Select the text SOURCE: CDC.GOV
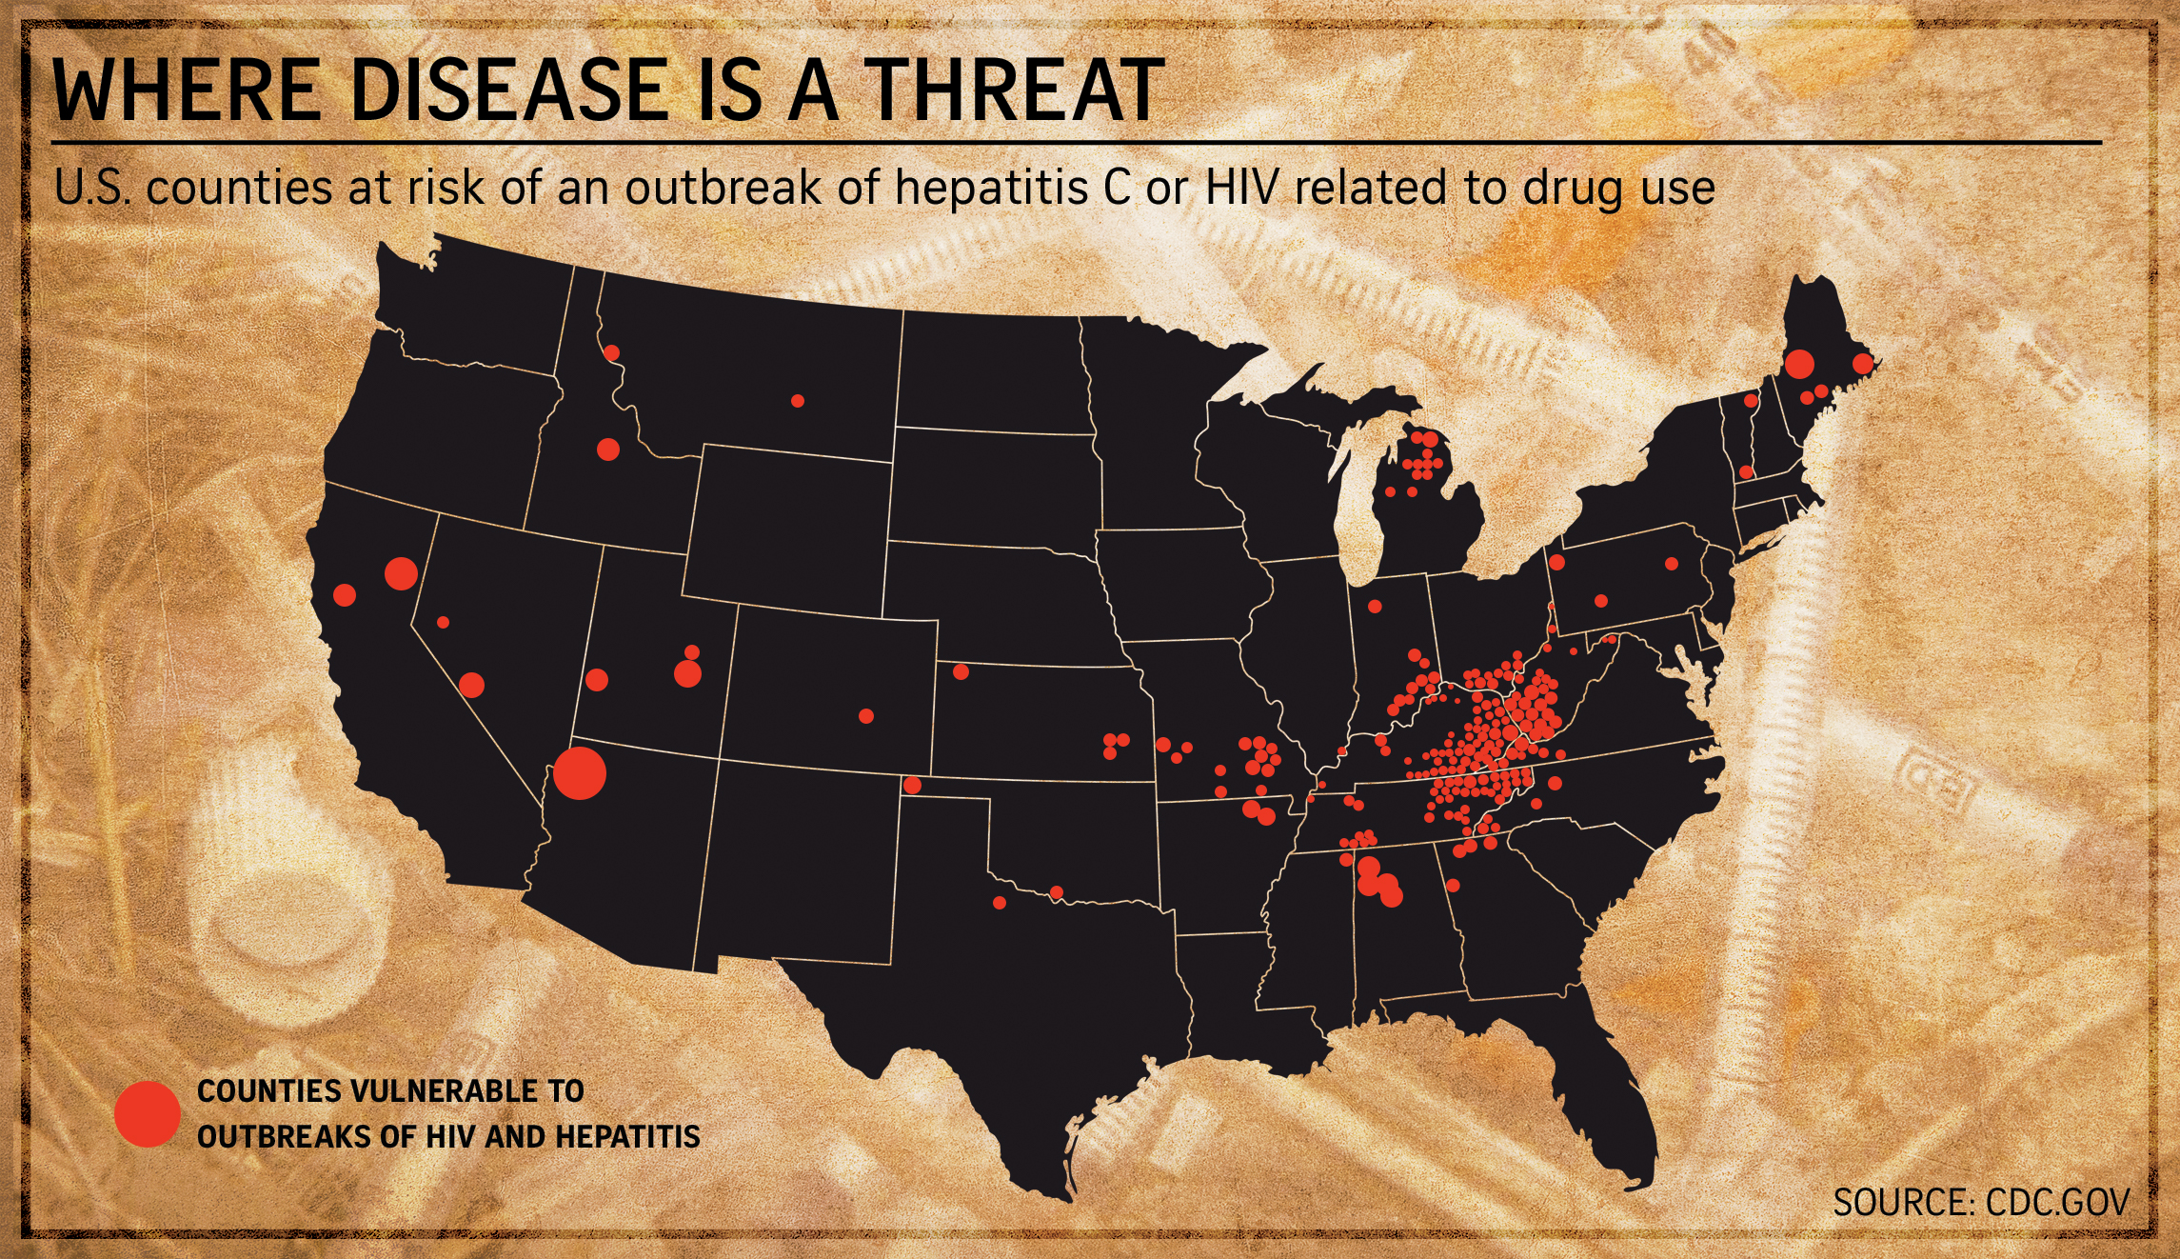pyautogui.click(x=1980, y=1202)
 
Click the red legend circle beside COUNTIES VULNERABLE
pyautogui.click(x=148, y=1113)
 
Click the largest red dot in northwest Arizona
pyautogui.click(x=579, y=773)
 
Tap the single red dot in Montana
pyautogui.click(x=798, y=401)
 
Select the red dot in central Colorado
pyautogui.click(x=865, y=716)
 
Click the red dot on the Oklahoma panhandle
pyautogui.click(x=912, y=786)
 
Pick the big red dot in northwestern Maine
pyautogui.click(x=1798, y=363)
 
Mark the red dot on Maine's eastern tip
pyautogui.click(x=1863, y=364)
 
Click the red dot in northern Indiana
pyautogui.click(x=1375, y=606)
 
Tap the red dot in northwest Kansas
pyautogui.click(x=961, y=672)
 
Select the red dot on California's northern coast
pyautogui.click(x=345, y=595)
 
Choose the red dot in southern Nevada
pyautogui.click(x=471, y=685)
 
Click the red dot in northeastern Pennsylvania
pyautogui.click(x=1671, y=564)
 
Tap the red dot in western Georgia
pyautogui.click(x=1453, y=886)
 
